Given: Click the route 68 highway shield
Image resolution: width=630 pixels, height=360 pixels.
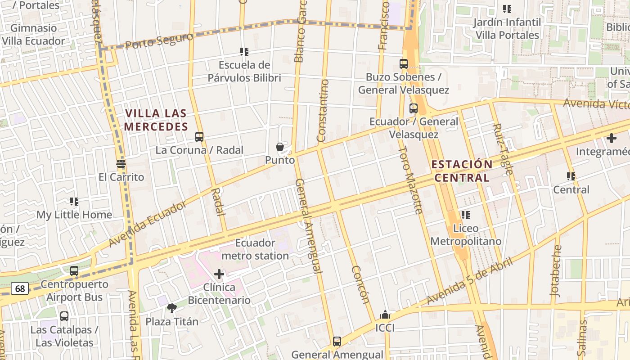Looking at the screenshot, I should [20, 288].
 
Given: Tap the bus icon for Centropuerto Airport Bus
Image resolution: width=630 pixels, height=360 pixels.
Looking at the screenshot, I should [74, 271].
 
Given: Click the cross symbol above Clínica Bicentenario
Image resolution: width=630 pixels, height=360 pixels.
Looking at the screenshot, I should [219, 274].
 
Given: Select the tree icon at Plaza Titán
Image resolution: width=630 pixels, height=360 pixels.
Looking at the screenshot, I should [171, 308].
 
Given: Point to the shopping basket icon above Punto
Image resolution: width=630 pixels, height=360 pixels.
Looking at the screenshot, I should [280, 147].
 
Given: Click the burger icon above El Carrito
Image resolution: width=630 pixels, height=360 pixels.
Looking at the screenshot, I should [121, 164].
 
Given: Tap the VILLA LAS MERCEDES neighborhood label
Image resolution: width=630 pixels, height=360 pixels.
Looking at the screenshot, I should [156, 120].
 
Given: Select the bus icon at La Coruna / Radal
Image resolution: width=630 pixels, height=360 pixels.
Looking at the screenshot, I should [199, 137].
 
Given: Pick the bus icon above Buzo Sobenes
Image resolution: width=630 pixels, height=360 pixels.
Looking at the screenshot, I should [404, 64].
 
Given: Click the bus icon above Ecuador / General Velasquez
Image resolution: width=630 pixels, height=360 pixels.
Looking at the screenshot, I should [414, 108].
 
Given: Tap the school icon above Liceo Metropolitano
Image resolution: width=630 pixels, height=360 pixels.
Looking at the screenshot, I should [465, 215].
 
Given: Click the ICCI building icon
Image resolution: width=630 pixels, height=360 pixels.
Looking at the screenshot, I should [385, 315].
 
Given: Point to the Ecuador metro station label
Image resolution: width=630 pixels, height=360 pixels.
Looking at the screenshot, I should [256, 249].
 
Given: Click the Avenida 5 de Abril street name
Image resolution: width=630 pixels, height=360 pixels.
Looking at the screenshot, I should [470, 281].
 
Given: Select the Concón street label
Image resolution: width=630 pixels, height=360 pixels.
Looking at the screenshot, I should [360, 284].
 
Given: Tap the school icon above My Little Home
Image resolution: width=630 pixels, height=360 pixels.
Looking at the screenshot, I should [74, 202].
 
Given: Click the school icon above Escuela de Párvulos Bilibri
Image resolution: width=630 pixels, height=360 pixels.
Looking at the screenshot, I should [244, 52].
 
